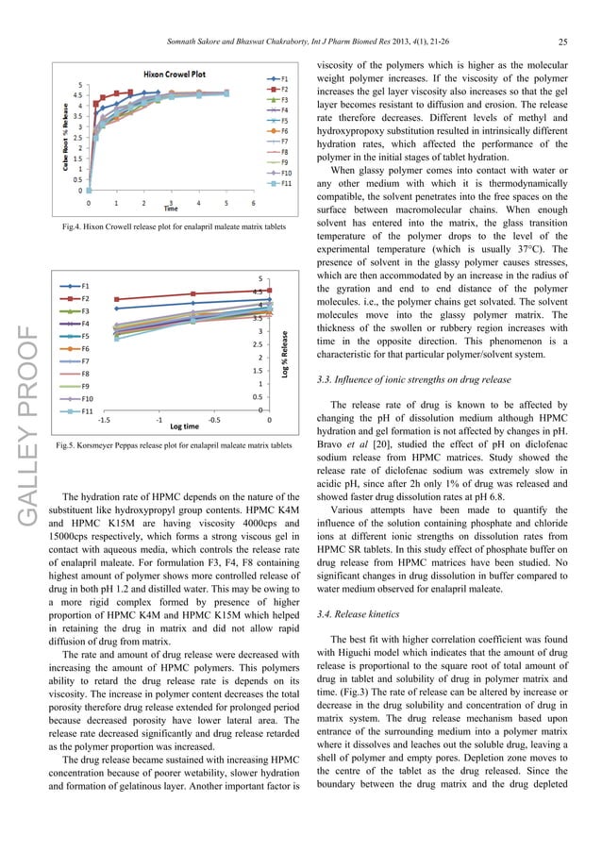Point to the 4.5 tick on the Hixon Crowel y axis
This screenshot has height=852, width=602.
tap(76, 95)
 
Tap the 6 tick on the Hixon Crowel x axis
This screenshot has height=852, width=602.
tap(254, 203)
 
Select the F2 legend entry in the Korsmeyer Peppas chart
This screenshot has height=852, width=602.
tap(86, 298)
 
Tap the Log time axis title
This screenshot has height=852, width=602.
tap(183, 427)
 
